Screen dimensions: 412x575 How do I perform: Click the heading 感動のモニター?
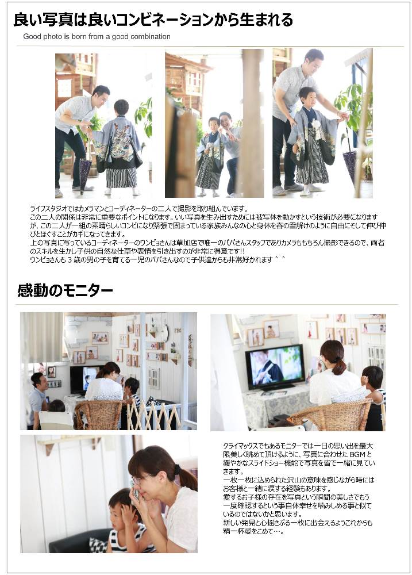pos(65,291)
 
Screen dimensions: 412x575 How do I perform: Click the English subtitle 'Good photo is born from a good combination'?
pos(97,37)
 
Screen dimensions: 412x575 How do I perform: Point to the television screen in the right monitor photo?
pos(275,366)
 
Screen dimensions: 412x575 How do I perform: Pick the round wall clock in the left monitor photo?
pos(164,333)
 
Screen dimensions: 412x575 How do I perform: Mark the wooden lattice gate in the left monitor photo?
pos(154,416)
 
